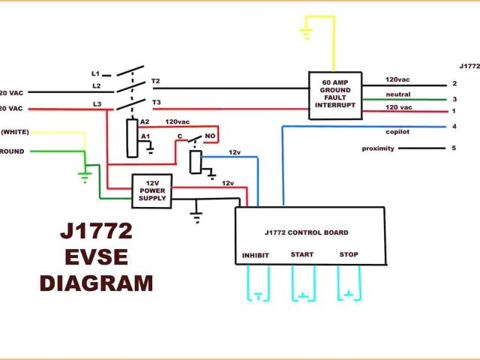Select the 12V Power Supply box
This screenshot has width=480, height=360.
coord(152,190)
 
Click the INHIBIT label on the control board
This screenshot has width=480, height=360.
coord(255,256)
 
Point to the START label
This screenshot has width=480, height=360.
coord(302,255)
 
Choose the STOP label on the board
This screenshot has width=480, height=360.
coord(349,255)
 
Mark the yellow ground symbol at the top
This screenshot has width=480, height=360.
coord(307,33)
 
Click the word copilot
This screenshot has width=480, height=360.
coord(398,130)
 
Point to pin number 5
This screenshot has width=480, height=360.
coord(453,148)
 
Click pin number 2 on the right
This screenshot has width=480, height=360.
coord(454,83)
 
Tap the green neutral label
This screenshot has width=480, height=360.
coord(398,94)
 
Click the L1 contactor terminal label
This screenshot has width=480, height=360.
coord(95,73)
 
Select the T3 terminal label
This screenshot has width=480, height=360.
coord(156,102)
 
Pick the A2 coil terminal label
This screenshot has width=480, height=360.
coord(145,121)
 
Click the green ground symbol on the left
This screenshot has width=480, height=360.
coord(85,177)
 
